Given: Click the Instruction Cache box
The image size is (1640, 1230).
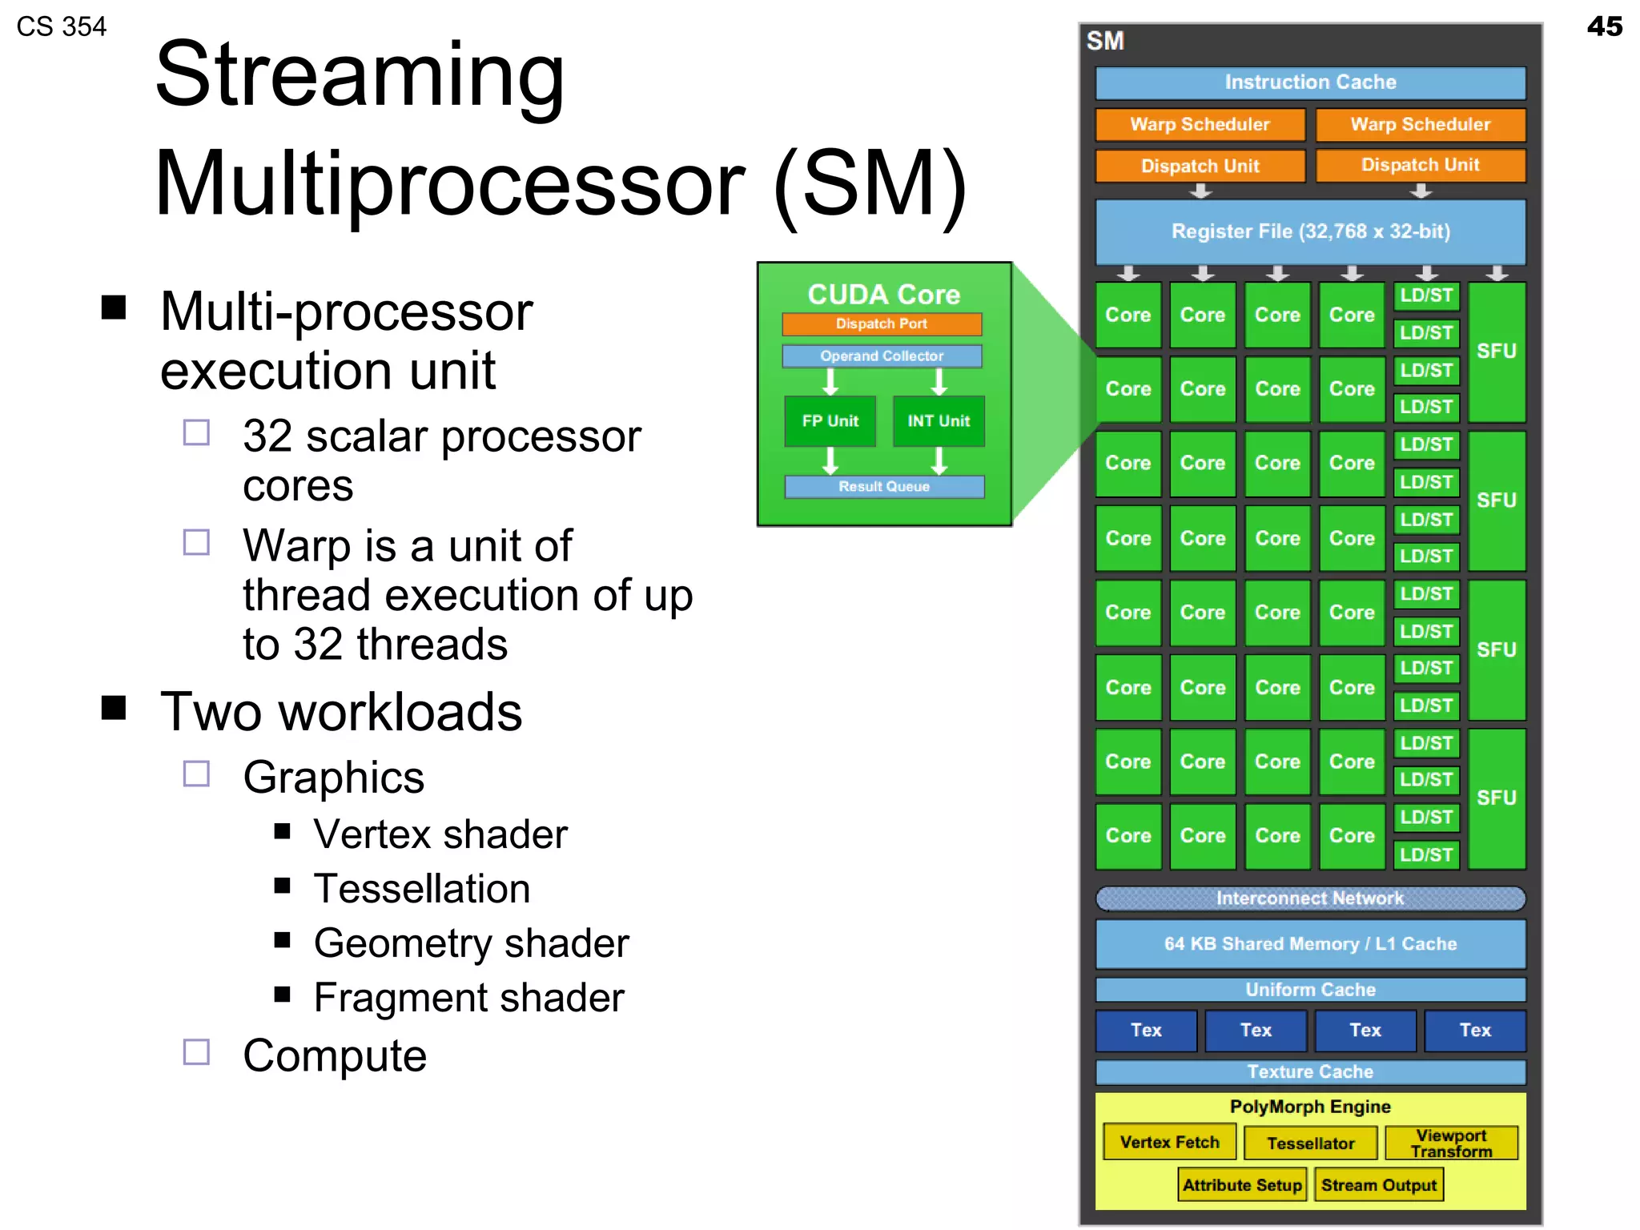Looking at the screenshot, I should [1310, 82].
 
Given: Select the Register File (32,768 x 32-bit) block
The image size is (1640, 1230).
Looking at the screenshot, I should [1310, 231].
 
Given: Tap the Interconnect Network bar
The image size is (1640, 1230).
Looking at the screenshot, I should [1310, 898].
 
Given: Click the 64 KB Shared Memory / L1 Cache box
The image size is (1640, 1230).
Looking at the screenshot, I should [1310, 944].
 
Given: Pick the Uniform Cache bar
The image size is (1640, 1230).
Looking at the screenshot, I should [1310, 990].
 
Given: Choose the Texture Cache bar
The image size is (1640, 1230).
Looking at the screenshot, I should [1310, 1071].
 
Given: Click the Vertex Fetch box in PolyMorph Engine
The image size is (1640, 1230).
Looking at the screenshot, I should [1169, 1143].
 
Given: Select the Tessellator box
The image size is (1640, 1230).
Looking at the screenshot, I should [1310, 1144].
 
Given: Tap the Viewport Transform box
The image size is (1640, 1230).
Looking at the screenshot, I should [1451, 1144].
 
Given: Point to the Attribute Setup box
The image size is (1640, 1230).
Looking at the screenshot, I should [1242, 1185].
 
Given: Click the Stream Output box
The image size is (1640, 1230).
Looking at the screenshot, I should [1378, 1185].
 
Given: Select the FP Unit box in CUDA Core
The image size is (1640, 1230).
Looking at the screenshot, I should [830, 421].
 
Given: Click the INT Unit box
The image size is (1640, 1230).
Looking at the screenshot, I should [939, 421].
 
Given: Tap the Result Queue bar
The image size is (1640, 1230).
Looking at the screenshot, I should [884, 487].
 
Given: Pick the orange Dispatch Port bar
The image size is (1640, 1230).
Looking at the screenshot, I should [882, 324].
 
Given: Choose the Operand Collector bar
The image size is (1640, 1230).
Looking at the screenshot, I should [882, 356].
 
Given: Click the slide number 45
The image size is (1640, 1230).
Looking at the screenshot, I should [1604, 26].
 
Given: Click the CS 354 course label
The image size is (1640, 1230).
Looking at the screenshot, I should [62, 27].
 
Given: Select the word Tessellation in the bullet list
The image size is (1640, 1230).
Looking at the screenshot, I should [422, 889].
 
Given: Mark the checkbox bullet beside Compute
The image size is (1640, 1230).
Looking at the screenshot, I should [196, 1052].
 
